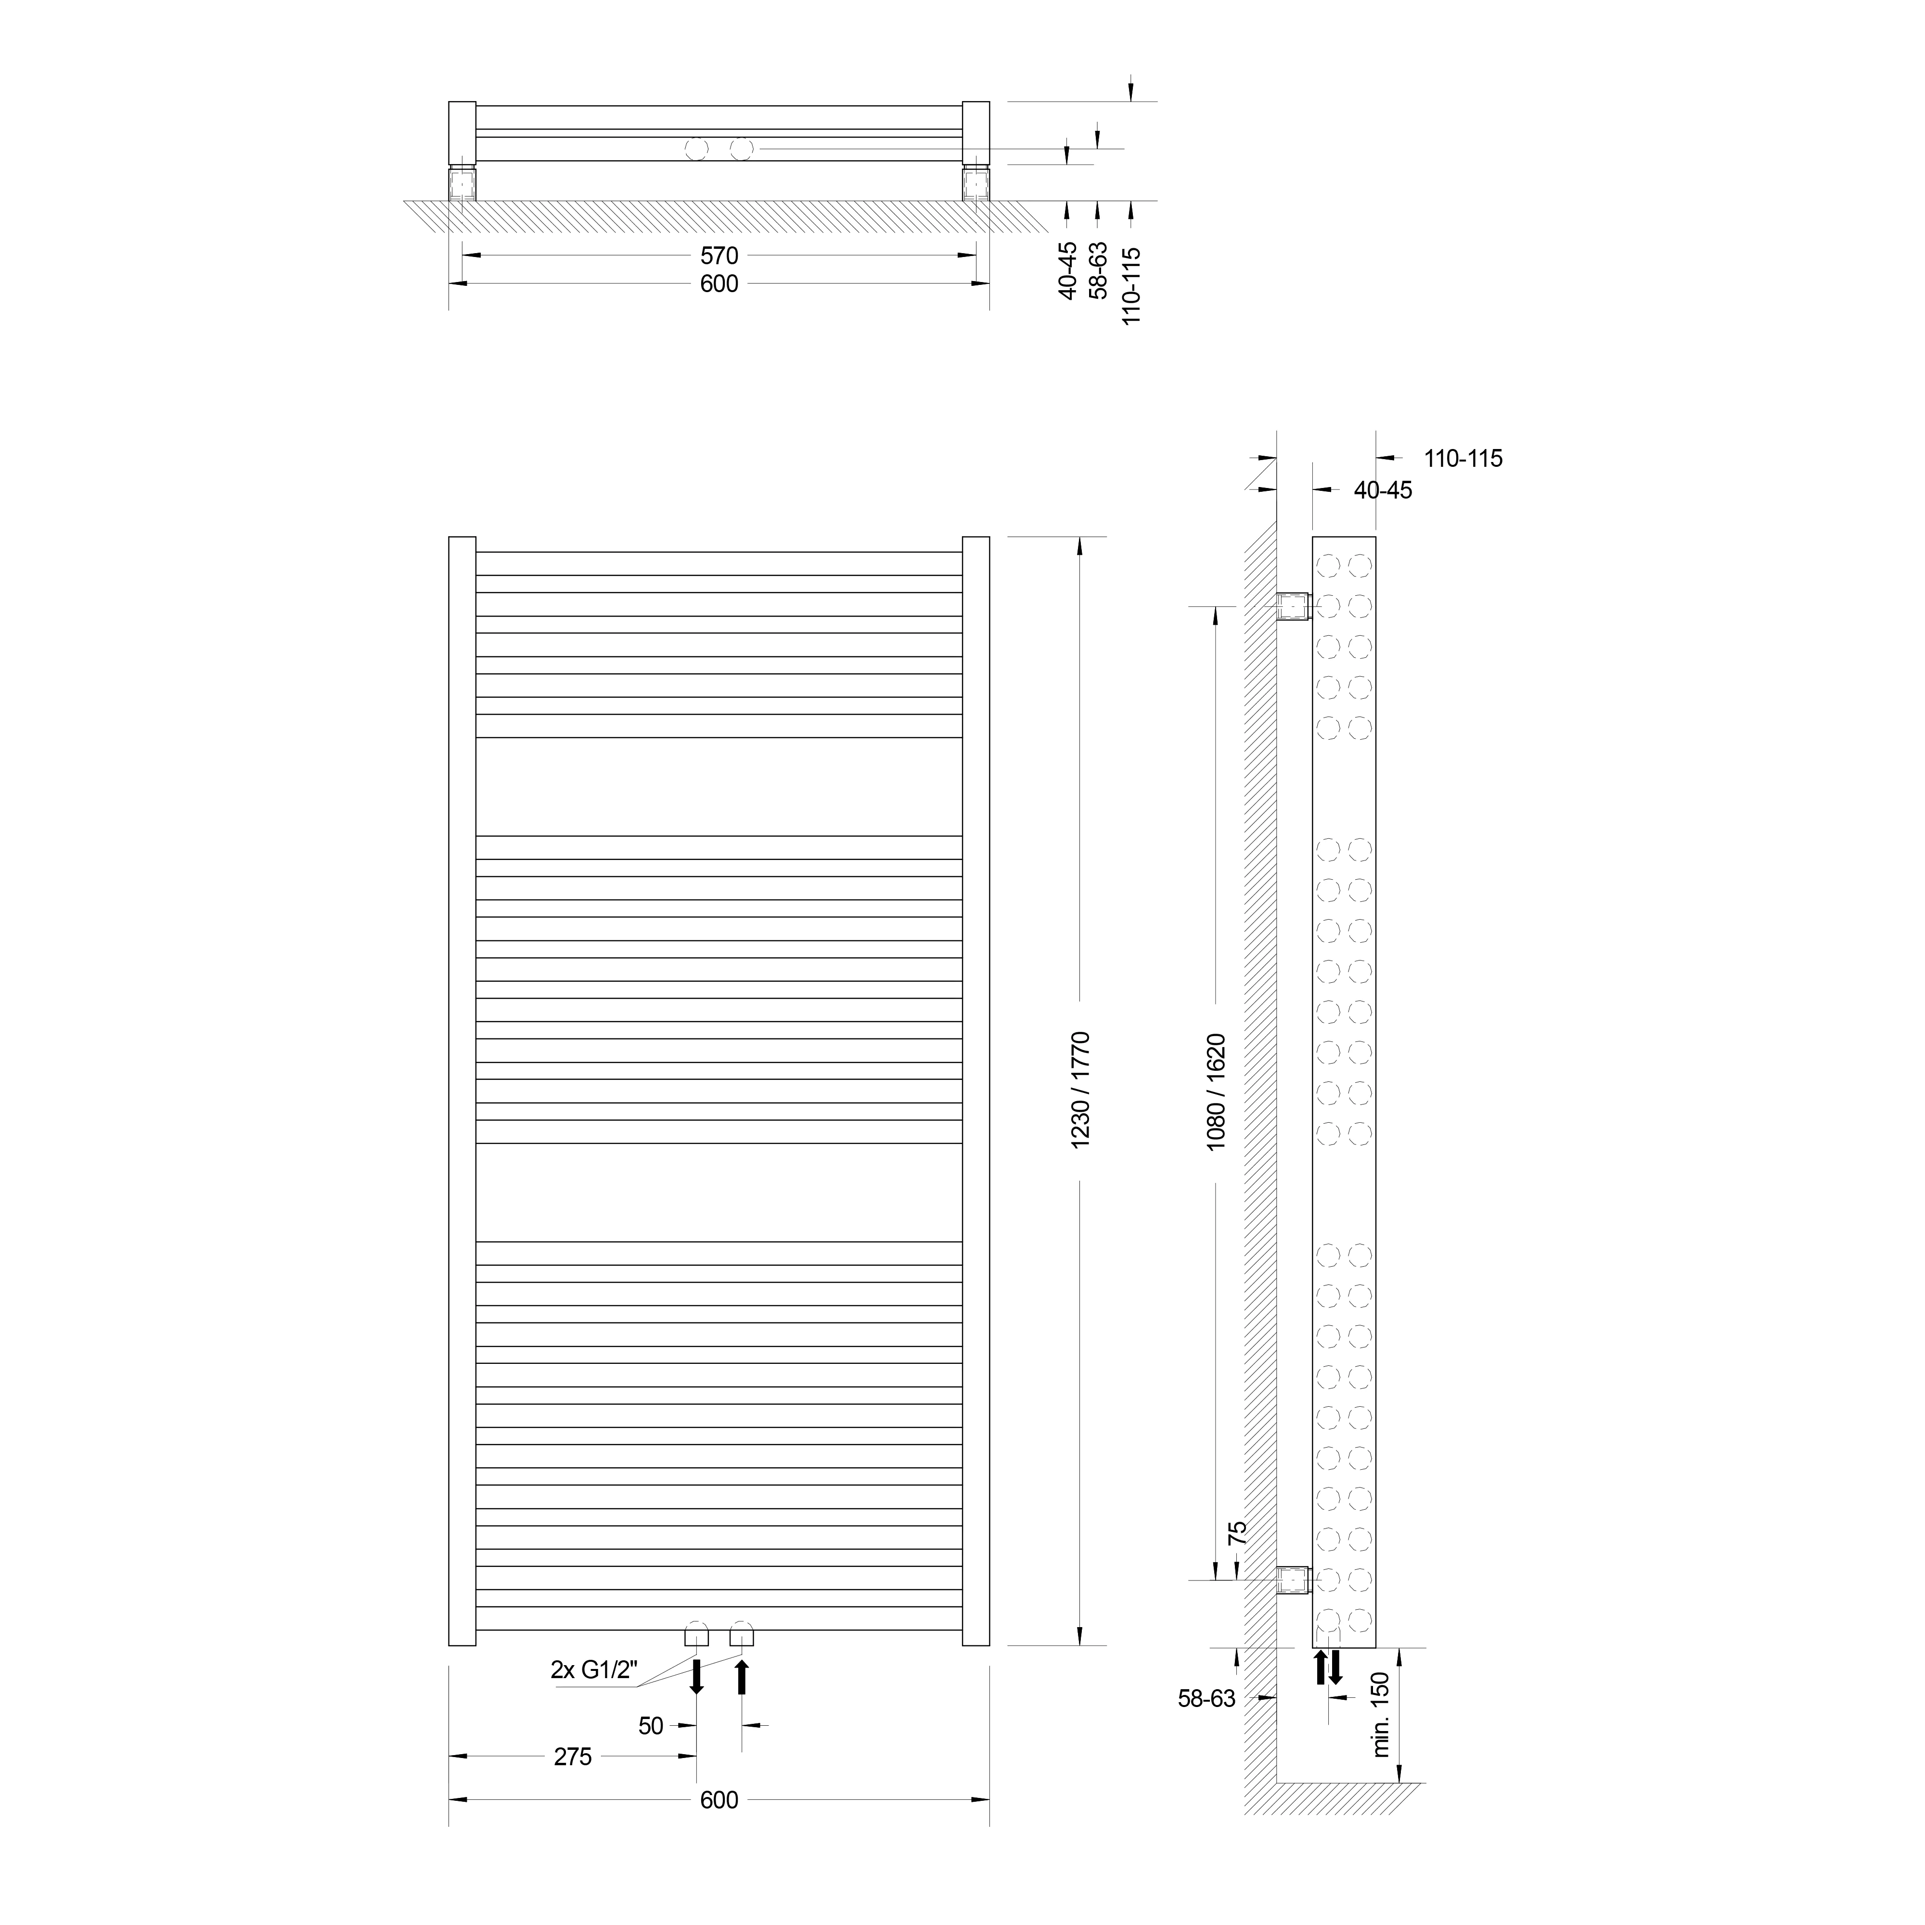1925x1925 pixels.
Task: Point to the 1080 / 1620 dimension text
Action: coord(1216,1093)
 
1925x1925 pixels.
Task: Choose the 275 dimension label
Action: coord(573,1757)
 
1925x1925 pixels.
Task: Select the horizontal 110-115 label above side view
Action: coord(1463,458)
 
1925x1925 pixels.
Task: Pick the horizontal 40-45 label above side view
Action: coord(1383,490)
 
